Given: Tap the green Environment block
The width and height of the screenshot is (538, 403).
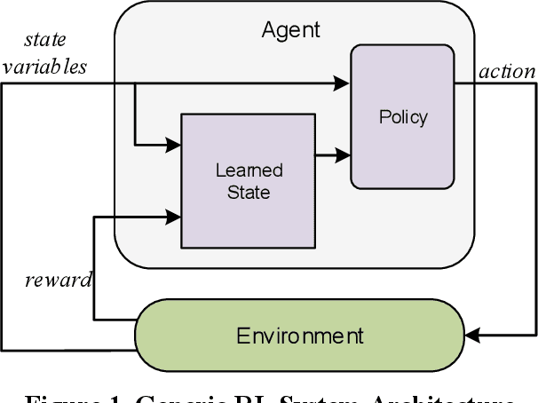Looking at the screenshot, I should coord(299,336).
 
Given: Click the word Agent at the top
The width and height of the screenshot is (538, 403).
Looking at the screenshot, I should coord(290,30).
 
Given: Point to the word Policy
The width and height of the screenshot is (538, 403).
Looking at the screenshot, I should coord(403,116).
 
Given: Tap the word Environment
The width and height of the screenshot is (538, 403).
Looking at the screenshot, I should coord(299,336).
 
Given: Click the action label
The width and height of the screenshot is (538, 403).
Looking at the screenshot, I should coord(507,72).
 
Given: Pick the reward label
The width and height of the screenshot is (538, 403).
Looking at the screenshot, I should coord(58,281).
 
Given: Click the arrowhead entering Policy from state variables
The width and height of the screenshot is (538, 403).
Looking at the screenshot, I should coord(344,83).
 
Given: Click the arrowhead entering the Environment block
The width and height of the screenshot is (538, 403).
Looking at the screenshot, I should coord(474,336).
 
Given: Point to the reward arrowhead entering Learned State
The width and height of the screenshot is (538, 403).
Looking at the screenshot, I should coord(174,214).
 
